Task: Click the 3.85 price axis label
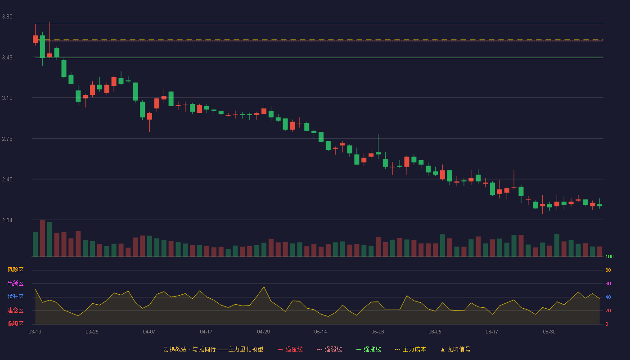pyautogui.click(x=7, y=17)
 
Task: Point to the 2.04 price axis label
pyautogui.click(x=7, y=220)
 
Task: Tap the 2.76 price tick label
pyautogui.click(x=7, y=139)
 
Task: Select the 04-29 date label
pyautogui.click(x=263, y=332)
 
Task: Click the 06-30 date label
pyautogui.click(x=549, y=332)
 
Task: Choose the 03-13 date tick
pyautogui.click(x=35, y=332)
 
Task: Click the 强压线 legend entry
pyautogui.click(x=290, y=349)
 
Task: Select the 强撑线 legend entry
pyautogui.click(x=369, y=349)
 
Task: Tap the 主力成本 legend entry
pyautogui.click(x=410, y=349)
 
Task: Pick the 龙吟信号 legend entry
pyautogui.click(x=455, y=349)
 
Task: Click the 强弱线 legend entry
pyautogui.click(x=329, y=349)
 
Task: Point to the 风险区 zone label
pyautogui.click(x=15, y=270)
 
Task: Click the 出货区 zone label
pyautogui.click(x=15, y=283)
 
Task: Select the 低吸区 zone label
pyautogui.click(x=15, y=324)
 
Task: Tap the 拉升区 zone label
pyautogui.click(x=15, y=297)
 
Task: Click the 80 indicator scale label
pyautogui.click(x=608, y=270)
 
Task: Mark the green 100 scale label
pyautogui.click(x=609, y=256)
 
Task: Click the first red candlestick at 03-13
pyautogui.click(x=35, y=39)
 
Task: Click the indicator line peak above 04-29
pyautogui.click(x=264, y=287)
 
